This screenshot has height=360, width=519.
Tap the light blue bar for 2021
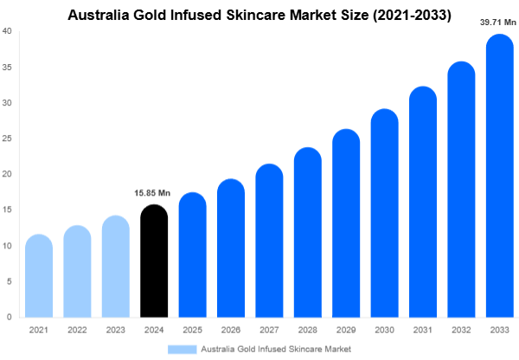coord(39,277)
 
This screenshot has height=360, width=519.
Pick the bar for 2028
coord(307,234)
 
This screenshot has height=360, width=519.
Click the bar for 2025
coord(192,255)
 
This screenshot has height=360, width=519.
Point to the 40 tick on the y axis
coord(7,31)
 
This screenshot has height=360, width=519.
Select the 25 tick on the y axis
coord(7,138)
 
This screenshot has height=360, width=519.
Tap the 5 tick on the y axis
coord(9,281)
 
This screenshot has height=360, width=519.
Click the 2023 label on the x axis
coord(115,331)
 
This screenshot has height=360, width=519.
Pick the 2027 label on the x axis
coord(269,331)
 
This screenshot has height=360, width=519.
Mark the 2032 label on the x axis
coord(461,331)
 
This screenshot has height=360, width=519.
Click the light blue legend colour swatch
coord(182,349)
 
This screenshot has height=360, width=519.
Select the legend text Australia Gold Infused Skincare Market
coord(276,349)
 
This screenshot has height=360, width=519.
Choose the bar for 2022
coord(77,272)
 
